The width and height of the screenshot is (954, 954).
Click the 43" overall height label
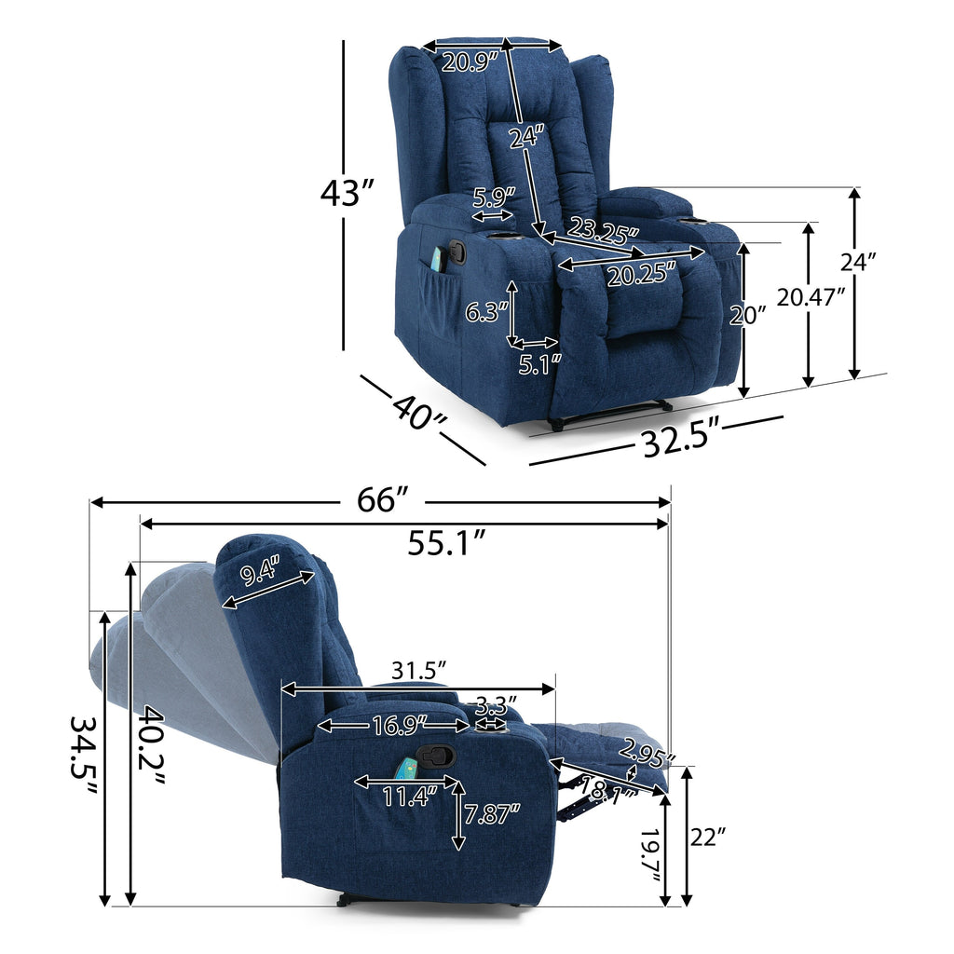pyautogui.click(x=346, y=194)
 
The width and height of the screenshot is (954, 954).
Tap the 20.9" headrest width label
pyautogui.click(x=469, y=63)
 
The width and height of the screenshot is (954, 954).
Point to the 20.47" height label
pyautogui.click(x=811, y=298)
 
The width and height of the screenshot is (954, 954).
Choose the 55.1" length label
pyautogui.click(x=446, y=542)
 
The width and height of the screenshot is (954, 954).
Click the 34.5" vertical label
pyautogui.click(x=84, y=756)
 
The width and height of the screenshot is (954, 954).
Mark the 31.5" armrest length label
pyautogui.click(x=415, y=670)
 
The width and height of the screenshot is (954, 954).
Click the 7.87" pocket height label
pyautogui.click(x=492, y=814)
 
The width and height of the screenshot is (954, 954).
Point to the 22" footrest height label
pyautogui.click(x=709, y=837)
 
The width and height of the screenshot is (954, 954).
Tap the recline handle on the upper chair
pyautogui.click(x=457, y=252)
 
